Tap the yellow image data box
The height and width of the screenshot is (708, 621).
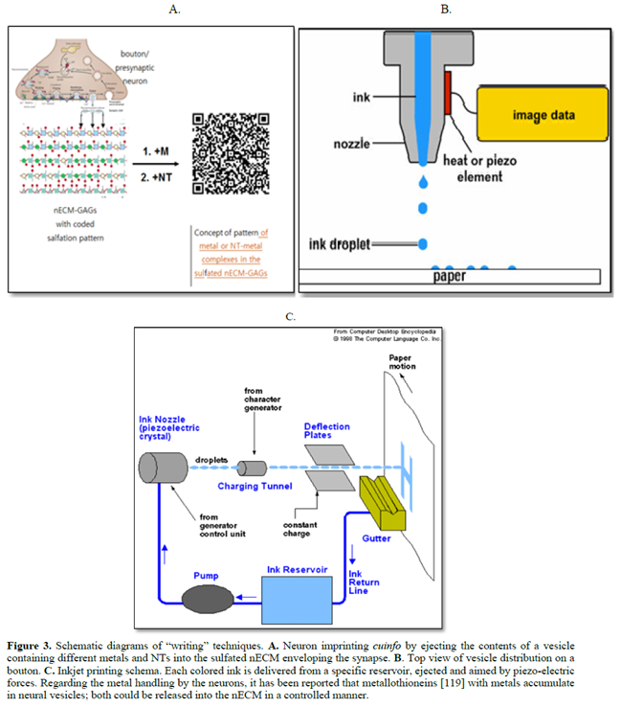point(543,116)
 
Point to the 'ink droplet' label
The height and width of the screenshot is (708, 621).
point(335,243)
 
